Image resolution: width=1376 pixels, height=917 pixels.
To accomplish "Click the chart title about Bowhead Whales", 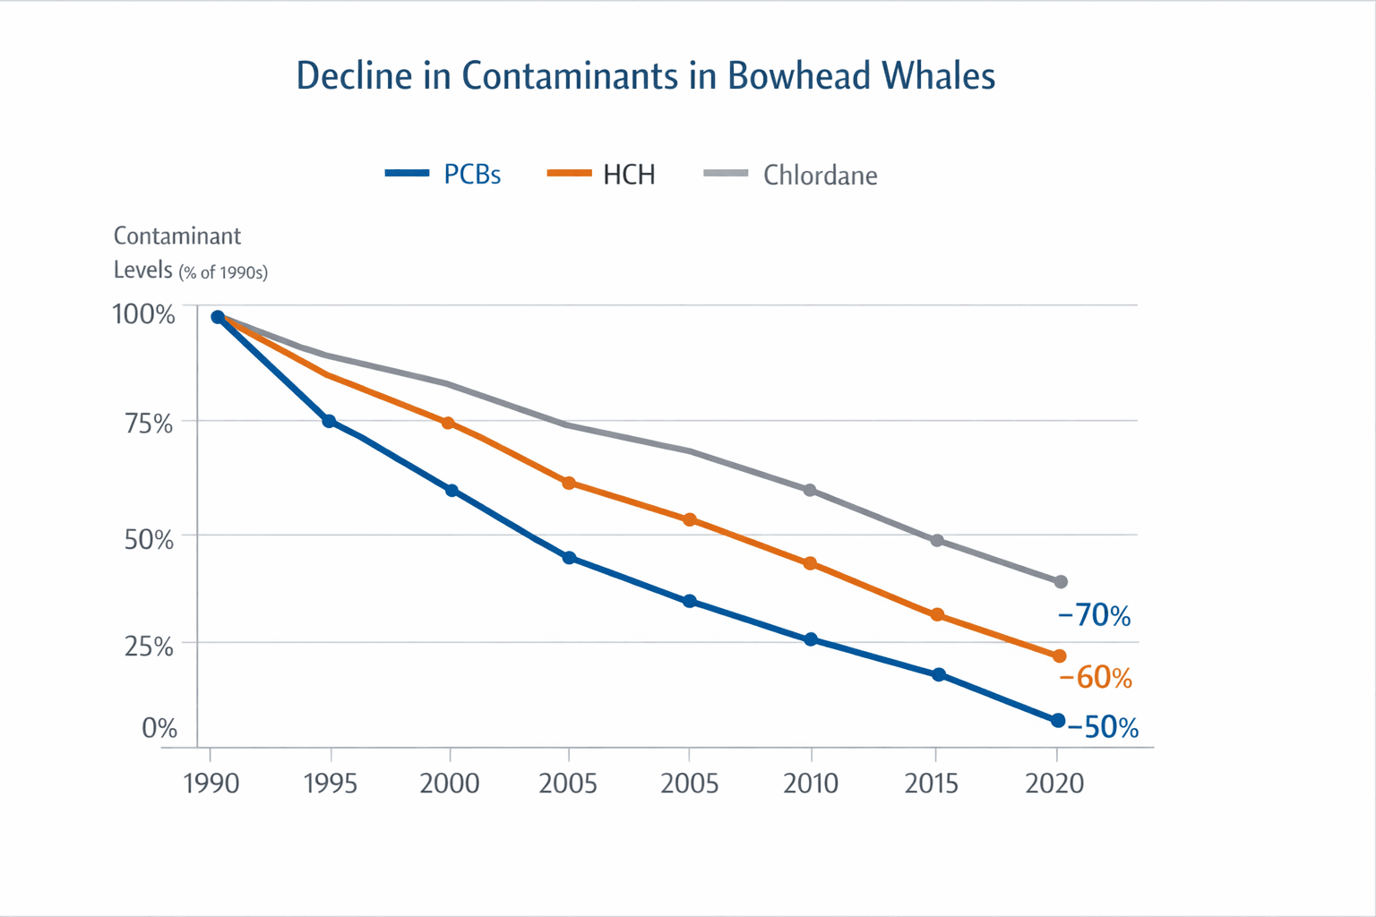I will coord(645,76).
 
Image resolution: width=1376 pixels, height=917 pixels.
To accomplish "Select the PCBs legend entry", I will coord(444,175).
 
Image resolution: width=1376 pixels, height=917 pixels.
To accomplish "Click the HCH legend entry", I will coord(602,175).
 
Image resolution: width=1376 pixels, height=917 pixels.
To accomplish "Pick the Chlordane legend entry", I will coord(791,175).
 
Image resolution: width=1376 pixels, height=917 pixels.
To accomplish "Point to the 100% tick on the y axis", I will coord(143,314).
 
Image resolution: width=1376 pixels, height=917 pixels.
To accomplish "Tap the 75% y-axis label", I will coord(149,424).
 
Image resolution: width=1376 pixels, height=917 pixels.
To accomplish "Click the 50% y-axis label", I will coord(149,539).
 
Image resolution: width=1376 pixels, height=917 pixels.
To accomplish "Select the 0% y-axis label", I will coord(159,728).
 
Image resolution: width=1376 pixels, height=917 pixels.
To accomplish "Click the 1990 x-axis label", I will coord(211,784).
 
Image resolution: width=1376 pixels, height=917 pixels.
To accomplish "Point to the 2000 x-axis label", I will coord(450,784).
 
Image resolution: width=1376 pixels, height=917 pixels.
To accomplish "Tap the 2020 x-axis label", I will coord(1054,784).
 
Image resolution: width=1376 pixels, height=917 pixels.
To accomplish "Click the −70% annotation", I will coord(1094,615).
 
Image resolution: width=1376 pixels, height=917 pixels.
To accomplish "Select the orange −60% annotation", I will coord(1096,678).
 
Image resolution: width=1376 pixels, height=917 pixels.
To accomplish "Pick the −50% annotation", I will coord(1103,727).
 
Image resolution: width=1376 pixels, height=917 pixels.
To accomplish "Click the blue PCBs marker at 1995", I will coord(329,421).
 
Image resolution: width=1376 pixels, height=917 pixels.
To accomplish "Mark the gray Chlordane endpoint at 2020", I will coord(1061,582).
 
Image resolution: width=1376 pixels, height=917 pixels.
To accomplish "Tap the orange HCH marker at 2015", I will coord(937,615).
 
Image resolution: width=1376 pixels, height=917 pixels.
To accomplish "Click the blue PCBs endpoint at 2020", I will coord(1058,721).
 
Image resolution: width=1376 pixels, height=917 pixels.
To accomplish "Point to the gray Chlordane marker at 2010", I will coord(810,491).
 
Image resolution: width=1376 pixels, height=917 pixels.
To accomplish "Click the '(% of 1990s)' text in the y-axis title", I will coord(223,272).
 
